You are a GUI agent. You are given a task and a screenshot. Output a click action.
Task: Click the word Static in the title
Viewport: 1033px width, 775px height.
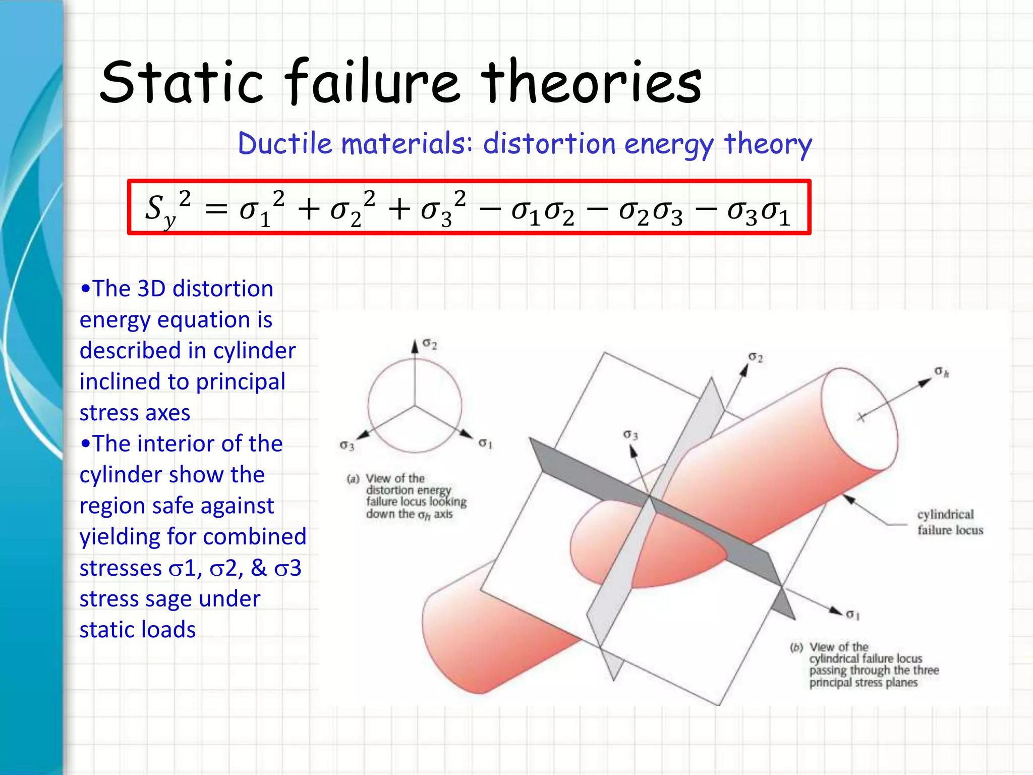pyautogui.click(x=182, y=82)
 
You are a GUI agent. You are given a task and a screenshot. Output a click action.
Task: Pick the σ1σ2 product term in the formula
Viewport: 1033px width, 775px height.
pyautogui.click(x=542, y=211)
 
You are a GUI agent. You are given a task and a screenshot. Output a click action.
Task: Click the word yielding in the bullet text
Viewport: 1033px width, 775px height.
pyautogui.click(x=119, y=537)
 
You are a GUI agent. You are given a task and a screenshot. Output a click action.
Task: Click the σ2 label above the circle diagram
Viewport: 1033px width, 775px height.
pyautogui.click(x=430, y=344)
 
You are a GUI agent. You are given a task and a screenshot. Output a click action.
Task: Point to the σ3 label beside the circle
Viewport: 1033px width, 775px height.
pyautogui.click(x=347, y=445)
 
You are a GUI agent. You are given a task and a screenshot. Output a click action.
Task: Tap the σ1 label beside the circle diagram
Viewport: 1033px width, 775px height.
pyautogui.click(x=485, y=444)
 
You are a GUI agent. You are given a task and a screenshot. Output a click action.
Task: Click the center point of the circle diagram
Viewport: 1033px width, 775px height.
pyautogui.click(x=415, y=405)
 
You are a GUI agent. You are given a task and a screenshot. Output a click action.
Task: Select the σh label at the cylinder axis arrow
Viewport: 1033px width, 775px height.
pyautogui.click(x=942, y=372)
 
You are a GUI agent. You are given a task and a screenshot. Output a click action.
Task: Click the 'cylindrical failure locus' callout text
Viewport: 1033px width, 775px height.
pyautogui.click(x=950, y=522)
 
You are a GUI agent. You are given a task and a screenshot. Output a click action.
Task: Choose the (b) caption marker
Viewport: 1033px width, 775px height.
pyautogui.click(x=796, y=647)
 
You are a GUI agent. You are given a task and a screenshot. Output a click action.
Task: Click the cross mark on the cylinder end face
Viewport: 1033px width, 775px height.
pyautogui.click(x=861, y=417)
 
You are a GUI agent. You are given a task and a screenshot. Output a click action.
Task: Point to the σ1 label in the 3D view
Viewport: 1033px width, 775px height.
pyautogui.click(x=852, y=615)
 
